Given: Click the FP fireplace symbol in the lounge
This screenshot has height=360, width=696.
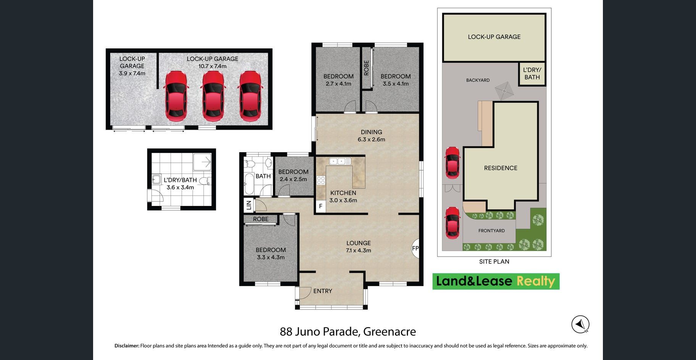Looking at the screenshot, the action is [416, 249].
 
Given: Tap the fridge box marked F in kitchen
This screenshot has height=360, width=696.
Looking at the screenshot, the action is [321, 206].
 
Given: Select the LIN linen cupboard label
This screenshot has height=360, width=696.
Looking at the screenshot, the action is [249, 205].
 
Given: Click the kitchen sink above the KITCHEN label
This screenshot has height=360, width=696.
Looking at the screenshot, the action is [340, 161].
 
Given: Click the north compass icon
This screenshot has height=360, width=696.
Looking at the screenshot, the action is [580, 325].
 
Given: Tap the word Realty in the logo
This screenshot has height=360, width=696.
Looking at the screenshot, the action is [536, 281].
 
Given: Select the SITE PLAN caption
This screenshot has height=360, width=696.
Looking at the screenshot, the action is [494, 262].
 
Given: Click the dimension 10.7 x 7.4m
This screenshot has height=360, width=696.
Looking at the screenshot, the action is [212, 66].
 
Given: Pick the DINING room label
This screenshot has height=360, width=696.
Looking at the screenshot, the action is [371, 132].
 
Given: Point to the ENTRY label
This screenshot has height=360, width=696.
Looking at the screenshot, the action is [323, 291].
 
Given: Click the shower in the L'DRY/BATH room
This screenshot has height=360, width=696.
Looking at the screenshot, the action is [202, 162].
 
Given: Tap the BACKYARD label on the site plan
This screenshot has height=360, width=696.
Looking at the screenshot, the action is [478, 80].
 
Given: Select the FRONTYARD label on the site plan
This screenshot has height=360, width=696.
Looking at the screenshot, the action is [491, 231].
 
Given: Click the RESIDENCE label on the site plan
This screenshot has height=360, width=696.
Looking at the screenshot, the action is [501, 168].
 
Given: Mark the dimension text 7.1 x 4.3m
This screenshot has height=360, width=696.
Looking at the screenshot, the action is [358, 251].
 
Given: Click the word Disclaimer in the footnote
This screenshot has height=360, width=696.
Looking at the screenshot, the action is [127, 346].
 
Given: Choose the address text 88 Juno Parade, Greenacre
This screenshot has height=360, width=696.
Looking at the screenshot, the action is [348, 331].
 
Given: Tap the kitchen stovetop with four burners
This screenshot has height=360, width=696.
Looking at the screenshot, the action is [321, 180].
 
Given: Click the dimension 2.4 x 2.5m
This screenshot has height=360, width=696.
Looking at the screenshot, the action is [293, 179].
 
